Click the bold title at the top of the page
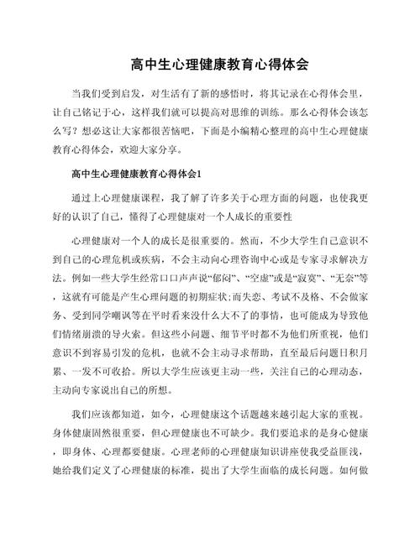(x=210, y=63)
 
